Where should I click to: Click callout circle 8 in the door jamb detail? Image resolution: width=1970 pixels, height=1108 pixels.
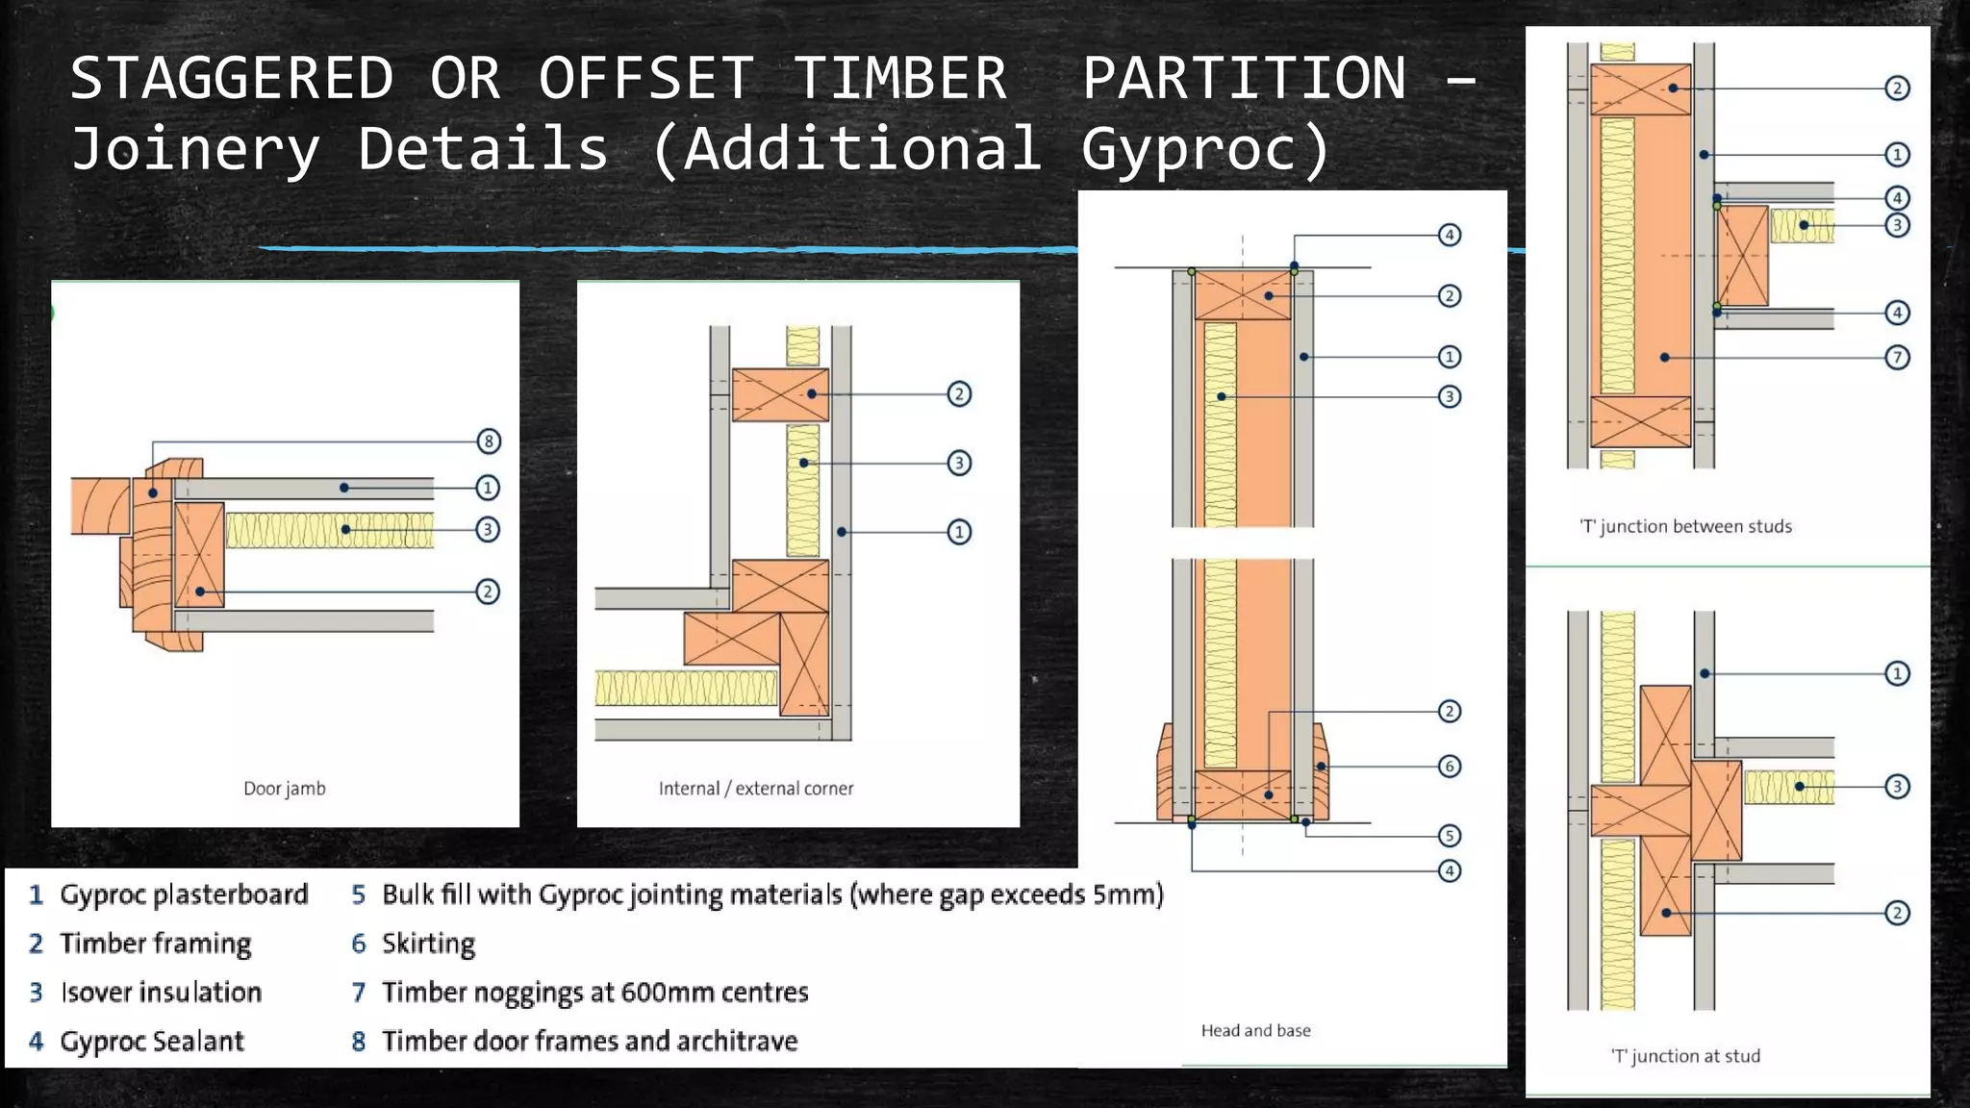(489, 441)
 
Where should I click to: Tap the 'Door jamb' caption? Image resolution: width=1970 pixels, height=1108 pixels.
(284, 789)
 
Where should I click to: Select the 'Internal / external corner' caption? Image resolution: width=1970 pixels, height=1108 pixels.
(755, 789)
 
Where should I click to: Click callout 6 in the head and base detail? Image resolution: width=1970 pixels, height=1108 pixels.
(1449, 767)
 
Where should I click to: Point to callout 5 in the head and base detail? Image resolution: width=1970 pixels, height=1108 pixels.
(1449, 836)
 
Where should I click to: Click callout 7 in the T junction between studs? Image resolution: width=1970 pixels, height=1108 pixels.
(1896, 358)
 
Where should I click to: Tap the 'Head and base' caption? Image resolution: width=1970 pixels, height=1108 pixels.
(1255, 1031)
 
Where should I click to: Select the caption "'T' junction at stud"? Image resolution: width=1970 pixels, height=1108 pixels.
(1685, 1056)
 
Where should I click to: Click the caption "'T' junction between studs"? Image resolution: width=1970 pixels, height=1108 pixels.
(1685, 526)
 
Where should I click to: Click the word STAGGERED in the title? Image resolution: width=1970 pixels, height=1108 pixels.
(232, 79)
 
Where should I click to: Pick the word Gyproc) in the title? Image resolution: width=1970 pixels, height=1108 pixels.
(1206, 150)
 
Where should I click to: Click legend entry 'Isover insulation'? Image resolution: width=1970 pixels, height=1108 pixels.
(161, 993)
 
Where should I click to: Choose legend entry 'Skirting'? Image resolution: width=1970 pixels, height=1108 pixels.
(428, 944)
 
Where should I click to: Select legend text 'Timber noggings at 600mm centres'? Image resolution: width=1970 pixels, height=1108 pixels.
(594, 993)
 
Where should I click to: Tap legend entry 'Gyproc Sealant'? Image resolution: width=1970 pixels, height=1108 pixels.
(152, 1042)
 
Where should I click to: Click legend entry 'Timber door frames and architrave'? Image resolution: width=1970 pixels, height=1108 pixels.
(590, 1042)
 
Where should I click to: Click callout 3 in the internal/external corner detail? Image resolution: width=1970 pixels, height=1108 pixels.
(958, 463)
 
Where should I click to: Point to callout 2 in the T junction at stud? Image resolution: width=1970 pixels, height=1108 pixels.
(1896, 913)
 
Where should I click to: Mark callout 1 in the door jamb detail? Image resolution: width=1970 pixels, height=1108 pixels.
(488, 488)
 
